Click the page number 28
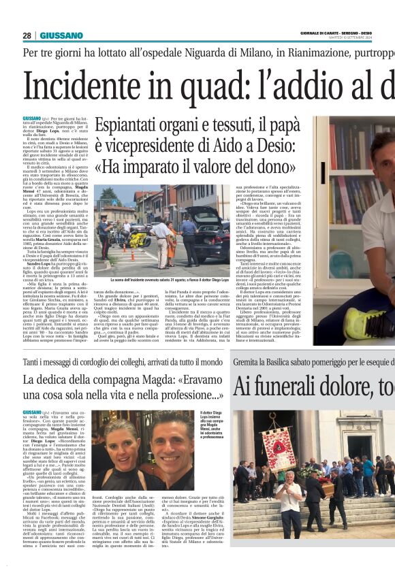(x=27, y=35)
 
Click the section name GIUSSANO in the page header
(x=61, y=35)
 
